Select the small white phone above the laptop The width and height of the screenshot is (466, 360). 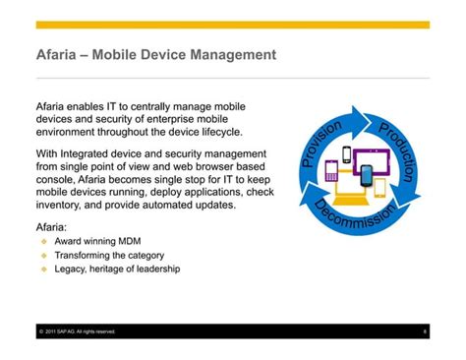coord(347,154)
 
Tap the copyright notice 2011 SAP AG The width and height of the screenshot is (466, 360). coord(78,331)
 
